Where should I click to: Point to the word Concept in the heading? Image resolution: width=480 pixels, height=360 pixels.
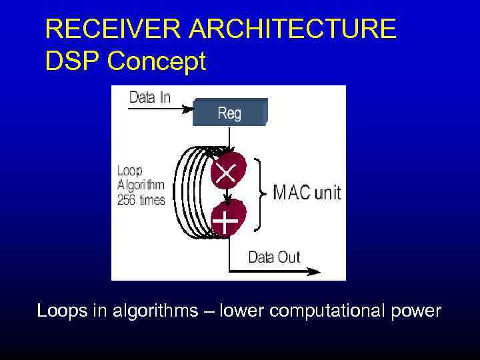157,61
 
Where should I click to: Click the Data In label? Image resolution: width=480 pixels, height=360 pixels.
149,97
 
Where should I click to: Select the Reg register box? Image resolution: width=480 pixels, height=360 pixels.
229,113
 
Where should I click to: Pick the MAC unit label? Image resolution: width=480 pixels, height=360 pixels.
307,193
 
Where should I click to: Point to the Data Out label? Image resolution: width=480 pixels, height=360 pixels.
274,257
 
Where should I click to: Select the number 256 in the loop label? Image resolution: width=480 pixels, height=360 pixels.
127,199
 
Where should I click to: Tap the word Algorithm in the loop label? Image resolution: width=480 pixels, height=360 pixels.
141,185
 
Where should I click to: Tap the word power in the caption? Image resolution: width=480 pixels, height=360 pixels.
417,311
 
